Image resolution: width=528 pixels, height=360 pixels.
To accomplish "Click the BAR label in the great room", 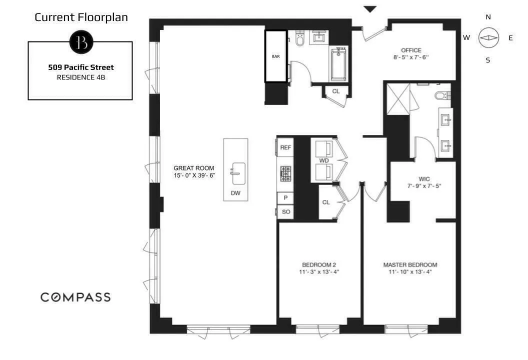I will [275, 56].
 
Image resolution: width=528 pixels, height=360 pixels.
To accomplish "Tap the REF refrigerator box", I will [285, 147].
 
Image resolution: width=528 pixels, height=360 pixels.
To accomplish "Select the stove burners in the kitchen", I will [285, 173].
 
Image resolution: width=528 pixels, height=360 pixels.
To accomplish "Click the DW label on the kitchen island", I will [235, 192].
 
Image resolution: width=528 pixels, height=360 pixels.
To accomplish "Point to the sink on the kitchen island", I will [236, 170].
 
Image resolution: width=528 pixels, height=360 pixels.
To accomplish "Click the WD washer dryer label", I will [323, 160].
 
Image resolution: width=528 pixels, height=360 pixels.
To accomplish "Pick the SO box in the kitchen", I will [285, 212].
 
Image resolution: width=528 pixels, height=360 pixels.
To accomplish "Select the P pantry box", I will [285, 198].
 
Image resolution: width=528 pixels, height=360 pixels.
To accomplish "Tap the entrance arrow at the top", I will [370, 9].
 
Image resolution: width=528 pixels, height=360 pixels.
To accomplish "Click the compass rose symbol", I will [488, 38].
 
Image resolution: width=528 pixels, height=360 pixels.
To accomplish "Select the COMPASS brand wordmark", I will [75, 297].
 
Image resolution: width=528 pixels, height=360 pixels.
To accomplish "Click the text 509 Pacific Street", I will [81, 67].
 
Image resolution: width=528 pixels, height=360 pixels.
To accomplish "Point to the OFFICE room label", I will [411, 50].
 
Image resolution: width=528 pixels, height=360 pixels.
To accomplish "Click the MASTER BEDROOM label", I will [410, 264].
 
